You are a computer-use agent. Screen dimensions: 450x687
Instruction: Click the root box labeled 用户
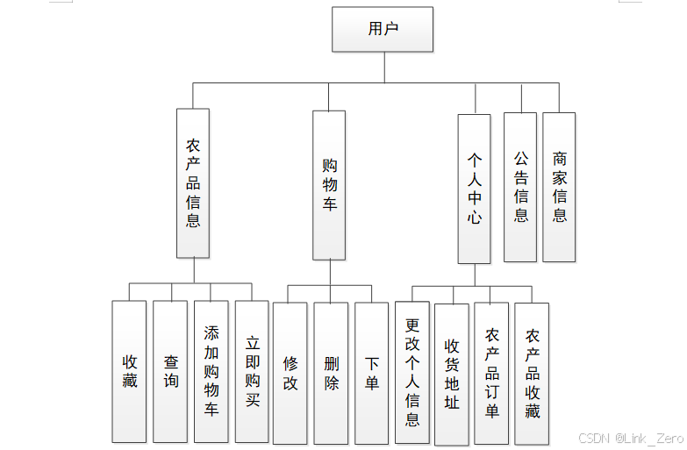coord(383,29)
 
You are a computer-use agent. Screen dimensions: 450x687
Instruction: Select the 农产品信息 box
coord(193,182)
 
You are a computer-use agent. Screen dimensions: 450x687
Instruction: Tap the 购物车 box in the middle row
coord(329,184)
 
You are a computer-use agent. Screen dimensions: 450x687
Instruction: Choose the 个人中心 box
coord(474,188)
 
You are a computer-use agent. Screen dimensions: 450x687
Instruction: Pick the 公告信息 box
coord(520,186)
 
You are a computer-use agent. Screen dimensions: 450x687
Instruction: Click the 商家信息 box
coord(559,186)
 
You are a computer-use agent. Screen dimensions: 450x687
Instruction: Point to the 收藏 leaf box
coord(129,371)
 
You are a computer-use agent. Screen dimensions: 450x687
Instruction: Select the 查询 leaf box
coord(170,371)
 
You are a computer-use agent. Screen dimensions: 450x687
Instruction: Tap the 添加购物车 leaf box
coord(211,371)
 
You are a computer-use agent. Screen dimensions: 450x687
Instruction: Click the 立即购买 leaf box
coord(252,371)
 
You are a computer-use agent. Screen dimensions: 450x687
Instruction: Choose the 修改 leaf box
coord(290,373)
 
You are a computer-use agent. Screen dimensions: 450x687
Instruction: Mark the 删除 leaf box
coord(331,373)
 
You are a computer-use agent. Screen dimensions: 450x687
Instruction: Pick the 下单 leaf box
coord(371,373)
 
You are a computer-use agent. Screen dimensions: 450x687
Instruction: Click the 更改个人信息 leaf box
coord(411,373)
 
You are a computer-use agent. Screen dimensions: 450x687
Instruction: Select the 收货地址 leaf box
coord(452,373)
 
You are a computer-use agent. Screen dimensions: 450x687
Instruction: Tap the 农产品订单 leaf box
coord(491,373)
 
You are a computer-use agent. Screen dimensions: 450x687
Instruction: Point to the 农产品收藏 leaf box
coord(532,373)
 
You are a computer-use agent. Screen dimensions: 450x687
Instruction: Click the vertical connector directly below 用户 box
coord(383,67)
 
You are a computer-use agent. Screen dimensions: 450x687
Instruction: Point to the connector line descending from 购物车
coord(330,272)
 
